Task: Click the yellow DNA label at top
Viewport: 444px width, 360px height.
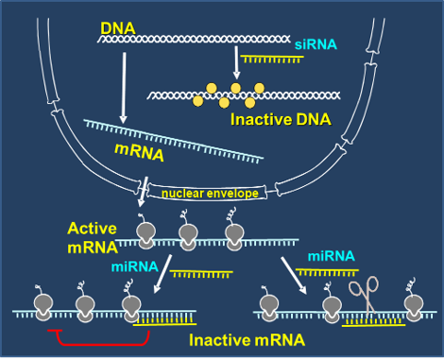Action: point(118,28)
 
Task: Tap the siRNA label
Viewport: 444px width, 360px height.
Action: point(316,44)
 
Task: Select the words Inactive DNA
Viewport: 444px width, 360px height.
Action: point(281,119)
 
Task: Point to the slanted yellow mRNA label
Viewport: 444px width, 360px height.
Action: point(139,152)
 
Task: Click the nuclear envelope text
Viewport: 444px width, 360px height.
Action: point(210,194)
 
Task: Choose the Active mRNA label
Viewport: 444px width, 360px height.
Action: point(93,238)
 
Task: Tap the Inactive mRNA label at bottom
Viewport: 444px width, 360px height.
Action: point(248,340)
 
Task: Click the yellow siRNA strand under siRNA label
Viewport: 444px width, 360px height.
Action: point(272,59)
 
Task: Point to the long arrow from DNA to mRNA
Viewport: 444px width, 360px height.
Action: point(124,88)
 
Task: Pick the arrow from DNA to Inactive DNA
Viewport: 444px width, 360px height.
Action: point(236,62)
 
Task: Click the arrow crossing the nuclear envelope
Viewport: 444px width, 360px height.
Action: point(143,192)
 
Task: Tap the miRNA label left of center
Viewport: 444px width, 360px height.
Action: point(135,266)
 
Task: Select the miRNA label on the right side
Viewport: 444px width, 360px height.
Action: point(332,256)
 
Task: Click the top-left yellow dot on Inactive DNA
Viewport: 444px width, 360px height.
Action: point(212,88)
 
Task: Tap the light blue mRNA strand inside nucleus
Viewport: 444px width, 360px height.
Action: point(174,141)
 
